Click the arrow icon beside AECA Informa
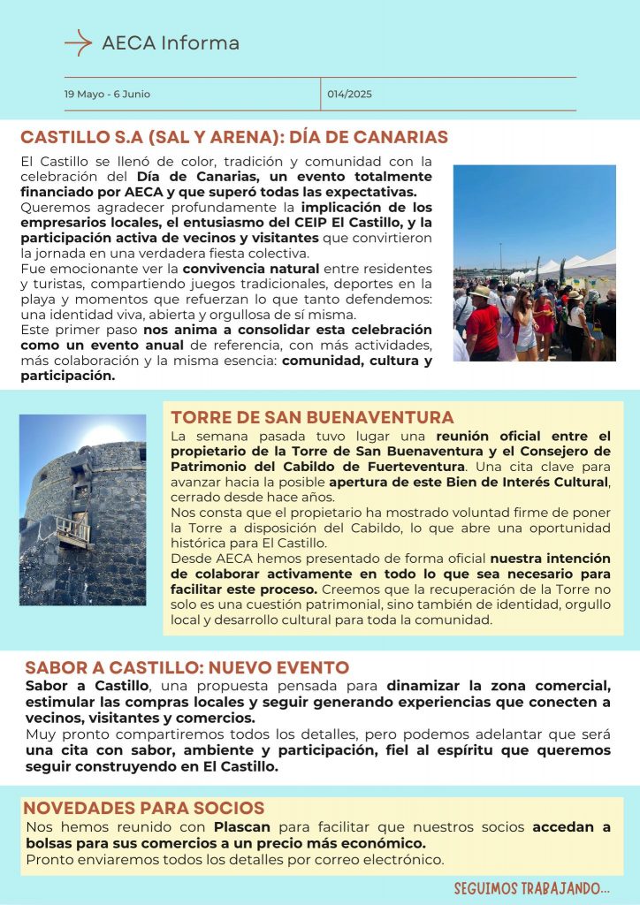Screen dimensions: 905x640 (x=78, y=42)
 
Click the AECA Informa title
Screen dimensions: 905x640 (x=171, y=42)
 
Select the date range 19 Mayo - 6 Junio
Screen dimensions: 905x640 (x=107, y=94)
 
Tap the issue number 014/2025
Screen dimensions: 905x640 (x=350, y=94)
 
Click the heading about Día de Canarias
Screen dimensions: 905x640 (x=234, y=138)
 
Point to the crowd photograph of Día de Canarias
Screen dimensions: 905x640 (x=534, y=263)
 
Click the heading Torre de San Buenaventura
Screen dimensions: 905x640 (x=312, y=417)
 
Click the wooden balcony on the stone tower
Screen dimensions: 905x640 (x=72, y=529)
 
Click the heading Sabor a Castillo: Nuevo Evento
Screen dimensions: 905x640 (x=187, y=667)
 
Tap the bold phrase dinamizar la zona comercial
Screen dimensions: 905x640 (x=499, y=685)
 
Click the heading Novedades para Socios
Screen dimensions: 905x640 (x=143, y=808)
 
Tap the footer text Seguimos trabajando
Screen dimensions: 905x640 (x=532, y=887)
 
